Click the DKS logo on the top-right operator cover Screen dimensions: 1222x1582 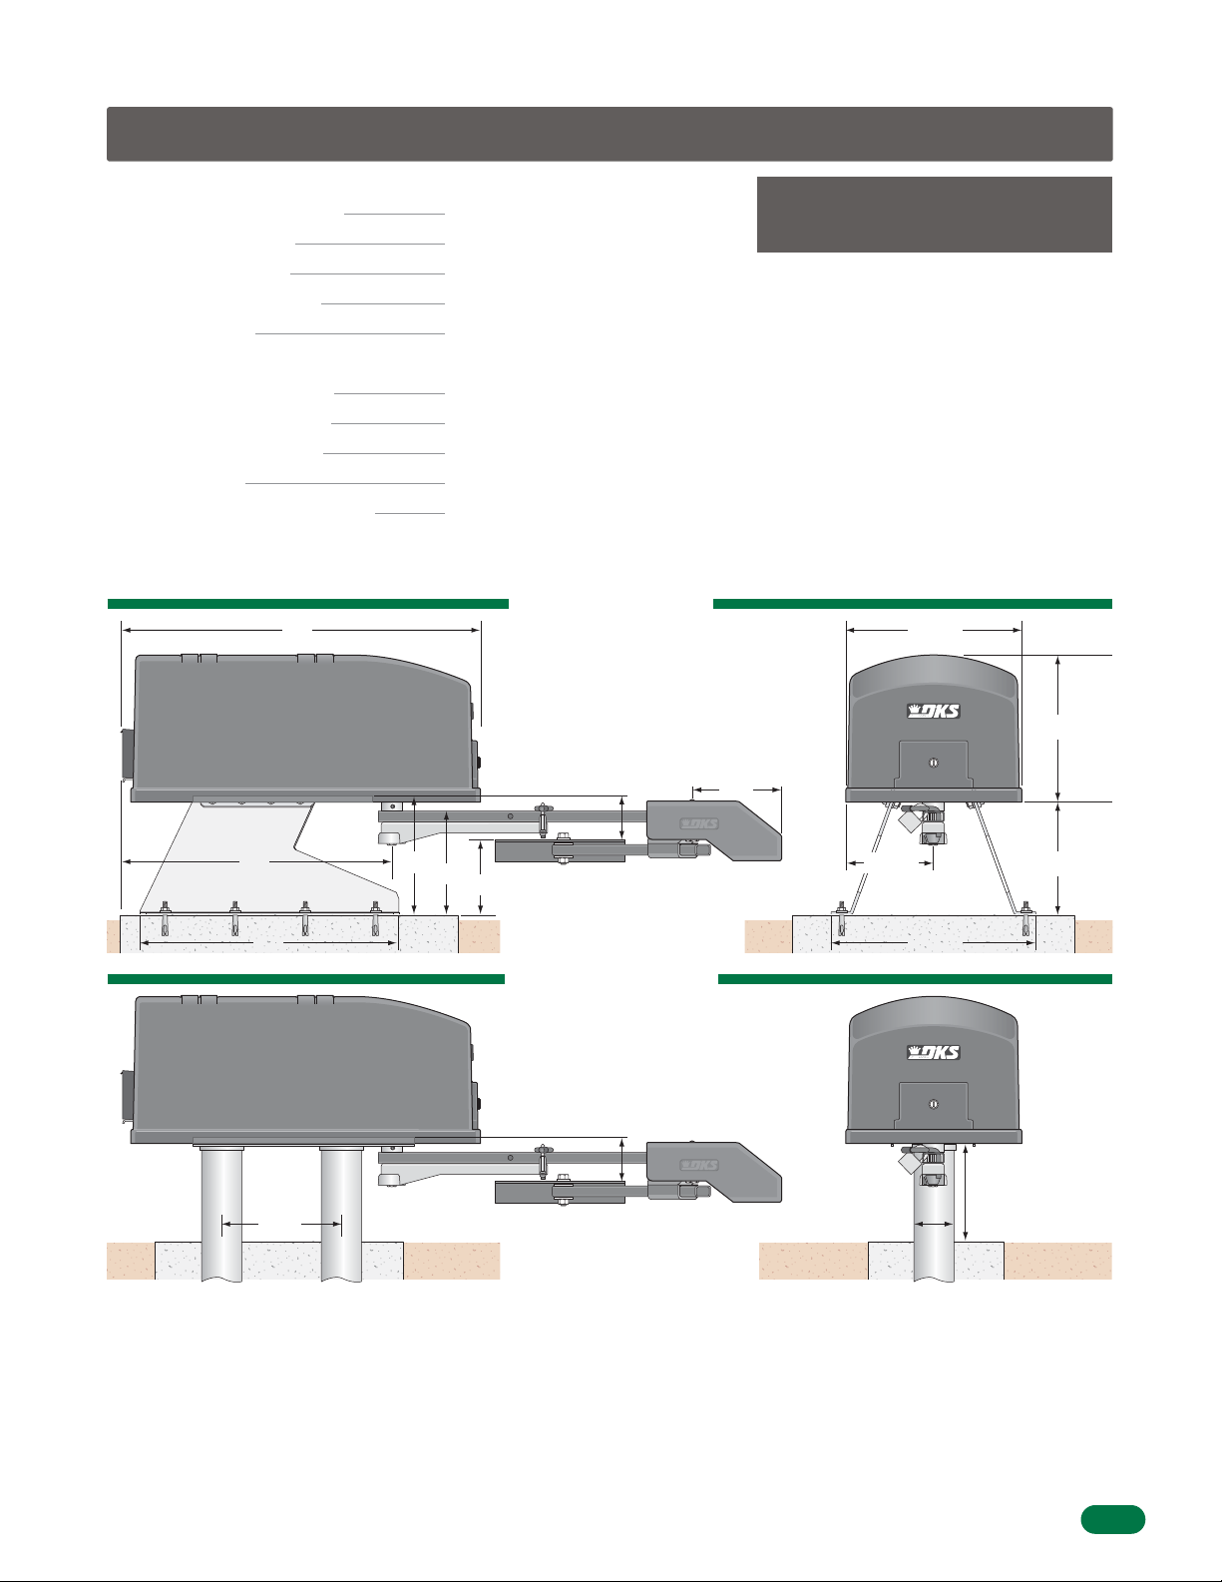(x=934, y=711)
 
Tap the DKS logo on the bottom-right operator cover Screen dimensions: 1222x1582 (x=934, y=1052)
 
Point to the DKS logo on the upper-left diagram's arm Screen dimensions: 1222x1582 (x=699, y=823)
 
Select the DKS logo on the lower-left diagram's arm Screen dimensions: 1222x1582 (x=699, y=1165)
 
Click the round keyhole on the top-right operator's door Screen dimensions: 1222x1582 (x=934, y=763)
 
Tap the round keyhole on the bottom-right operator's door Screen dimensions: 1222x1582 (x=934, y=1105)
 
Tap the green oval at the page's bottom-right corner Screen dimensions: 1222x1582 (x=1113, y=1519)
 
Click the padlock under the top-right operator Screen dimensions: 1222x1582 (x=909, y=817)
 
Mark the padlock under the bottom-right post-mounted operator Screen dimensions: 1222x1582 (x=909, y=1159)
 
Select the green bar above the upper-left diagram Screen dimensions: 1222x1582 (x=307, y=604)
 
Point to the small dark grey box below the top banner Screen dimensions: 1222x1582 (x=935, y=215)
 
